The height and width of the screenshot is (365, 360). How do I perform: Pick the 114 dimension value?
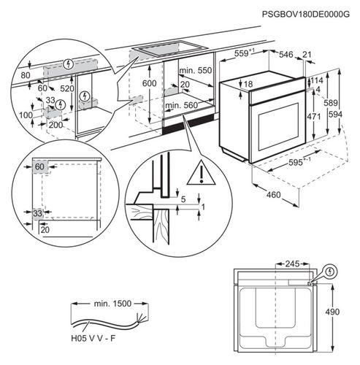click(x=316, y=81)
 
